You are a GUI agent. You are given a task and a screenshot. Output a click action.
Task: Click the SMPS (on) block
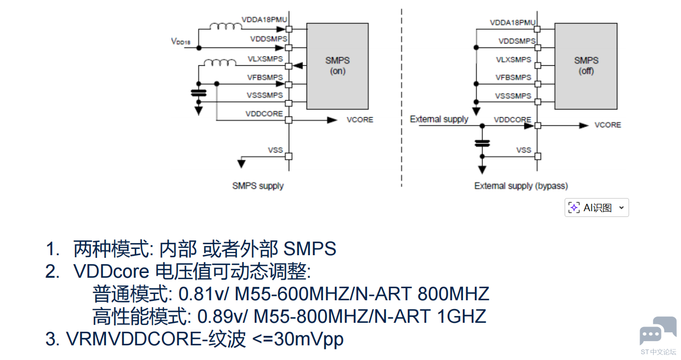[x=338, y=66]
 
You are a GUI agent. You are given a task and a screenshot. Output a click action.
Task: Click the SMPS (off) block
[x=586, y=66]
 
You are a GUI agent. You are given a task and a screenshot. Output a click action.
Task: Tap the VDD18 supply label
[x=180, y=41]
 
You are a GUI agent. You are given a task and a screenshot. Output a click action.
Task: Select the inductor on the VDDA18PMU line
[x=225, y=26]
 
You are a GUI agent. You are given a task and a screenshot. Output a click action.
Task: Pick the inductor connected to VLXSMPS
[x=220, y=63]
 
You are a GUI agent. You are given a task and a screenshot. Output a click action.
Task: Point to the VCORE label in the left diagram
[x=360, y=119]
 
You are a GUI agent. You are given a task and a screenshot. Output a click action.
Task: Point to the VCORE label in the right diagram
[x=608, y=125]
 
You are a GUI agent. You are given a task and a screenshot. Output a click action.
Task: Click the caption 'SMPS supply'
[x=258, y=186]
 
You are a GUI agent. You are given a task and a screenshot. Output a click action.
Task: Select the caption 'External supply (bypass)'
[x=521, y=186]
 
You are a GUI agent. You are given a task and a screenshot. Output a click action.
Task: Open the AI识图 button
[x=597, y=208]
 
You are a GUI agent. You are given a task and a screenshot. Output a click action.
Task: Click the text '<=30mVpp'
[x=298, y=339]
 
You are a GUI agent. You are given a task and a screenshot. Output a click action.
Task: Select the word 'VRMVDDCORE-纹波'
[x=156, y=339]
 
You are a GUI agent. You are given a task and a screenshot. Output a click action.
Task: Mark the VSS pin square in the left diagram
[x=288, y=156]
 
